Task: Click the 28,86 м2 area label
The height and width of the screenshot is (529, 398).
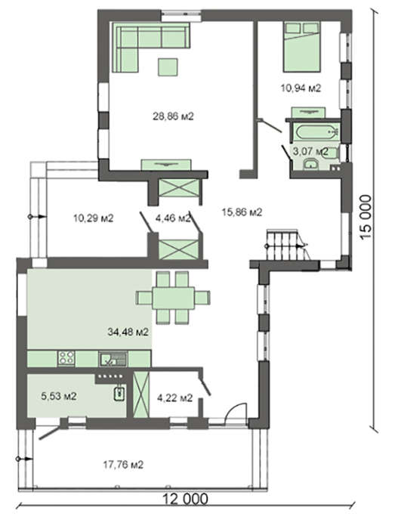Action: coord(174,116)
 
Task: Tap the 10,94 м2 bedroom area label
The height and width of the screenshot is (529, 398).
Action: coord(301,88)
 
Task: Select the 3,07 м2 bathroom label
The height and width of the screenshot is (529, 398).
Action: coord(310,151)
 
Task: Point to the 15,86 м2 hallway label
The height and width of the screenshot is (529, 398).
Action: coord(242,212)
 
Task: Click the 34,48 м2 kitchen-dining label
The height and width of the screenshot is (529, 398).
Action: coord(128,332)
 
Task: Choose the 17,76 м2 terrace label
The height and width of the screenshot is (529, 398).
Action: coord(123,465)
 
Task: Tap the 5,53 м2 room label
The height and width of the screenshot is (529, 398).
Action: coord(59,396)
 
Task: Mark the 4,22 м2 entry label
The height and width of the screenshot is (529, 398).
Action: coord(174,398)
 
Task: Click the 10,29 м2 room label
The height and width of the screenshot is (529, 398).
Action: coord(94,218)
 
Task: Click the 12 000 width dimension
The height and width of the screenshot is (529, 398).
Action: coord(186,499)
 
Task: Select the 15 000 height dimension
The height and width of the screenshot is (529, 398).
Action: coord(366,217)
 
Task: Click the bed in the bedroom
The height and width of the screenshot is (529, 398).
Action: coord(301,47)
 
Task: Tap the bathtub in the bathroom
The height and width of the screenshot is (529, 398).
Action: coord(316,131)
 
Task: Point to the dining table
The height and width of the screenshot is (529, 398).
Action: coord(174,298)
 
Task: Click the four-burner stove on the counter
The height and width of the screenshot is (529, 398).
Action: coord(66,358)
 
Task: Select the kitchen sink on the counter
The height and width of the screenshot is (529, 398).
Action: coord(113,359)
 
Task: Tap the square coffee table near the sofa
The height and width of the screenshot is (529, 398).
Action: coord(168,67)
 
